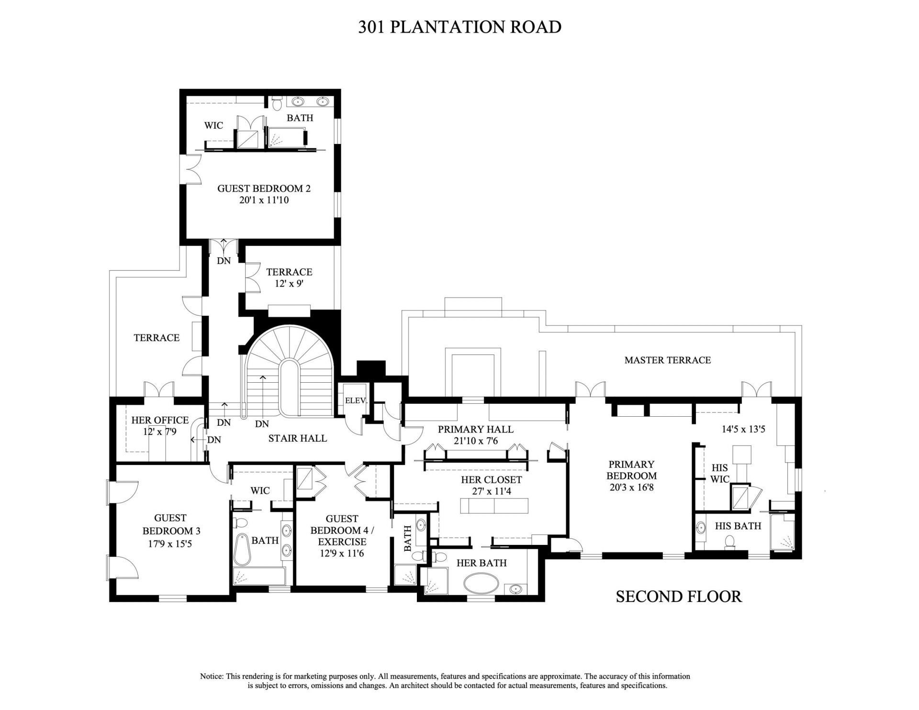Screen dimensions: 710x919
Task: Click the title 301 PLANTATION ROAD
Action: coord(459,27)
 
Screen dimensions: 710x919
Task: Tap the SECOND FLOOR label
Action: coord(678,596)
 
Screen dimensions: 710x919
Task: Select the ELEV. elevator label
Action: coord(356,400)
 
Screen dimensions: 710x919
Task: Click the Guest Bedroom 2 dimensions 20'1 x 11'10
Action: coord(264,200)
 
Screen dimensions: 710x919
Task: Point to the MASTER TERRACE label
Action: coord(667,360)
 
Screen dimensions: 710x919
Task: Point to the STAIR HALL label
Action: coord(297,438)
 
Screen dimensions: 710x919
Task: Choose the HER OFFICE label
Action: coord(160,420)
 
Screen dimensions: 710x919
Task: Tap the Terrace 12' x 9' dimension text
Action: coord(289,283)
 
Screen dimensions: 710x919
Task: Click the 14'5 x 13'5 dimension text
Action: coord(743,429)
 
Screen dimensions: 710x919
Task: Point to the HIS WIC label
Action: coord(719,474)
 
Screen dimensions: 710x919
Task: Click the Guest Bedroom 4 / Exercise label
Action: coord(342,530)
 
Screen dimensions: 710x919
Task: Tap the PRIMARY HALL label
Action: coord(475,430)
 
